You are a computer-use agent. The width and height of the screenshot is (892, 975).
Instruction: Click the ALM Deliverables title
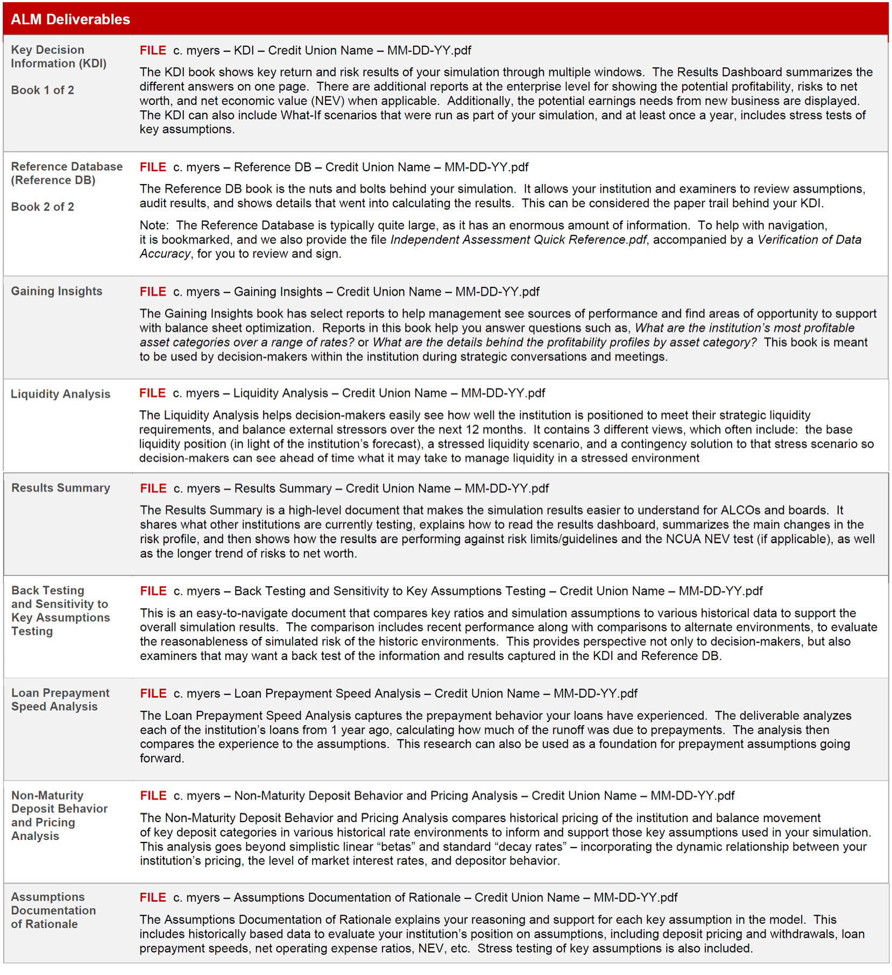click(x=70, y=19)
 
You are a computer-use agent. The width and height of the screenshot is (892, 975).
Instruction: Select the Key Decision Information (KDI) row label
click(x=59, y=57)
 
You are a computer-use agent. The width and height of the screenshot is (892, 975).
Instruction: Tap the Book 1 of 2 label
click(x=43, y=90)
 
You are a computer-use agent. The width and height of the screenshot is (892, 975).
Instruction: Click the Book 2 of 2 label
click(x=43, y=207)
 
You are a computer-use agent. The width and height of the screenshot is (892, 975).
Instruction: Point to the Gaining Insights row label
click(x=56, y=291)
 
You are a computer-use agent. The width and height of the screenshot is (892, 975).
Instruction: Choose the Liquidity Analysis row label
click(x=60, y=394)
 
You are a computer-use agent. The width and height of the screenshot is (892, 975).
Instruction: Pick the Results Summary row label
click(x=61, y=488)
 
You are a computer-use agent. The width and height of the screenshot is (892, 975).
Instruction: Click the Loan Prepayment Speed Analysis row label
click(x=60, y=700)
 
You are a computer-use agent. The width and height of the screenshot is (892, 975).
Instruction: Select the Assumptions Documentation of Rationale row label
click(x=53, y=910)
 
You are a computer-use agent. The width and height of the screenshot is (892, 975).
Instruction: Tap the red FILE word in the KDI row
click(x=153, y=51)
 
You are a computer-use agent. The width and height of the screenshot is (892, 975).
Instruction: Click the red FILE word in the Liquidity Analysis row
click(x=152, y=394)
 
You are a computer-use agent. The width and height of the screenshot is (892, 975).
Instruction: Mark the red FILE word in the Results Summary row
click(x=153, y=488)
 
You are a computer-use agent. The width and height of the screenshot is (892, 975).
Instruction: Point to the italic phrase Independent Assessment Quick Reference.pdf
click(x=518, y=240)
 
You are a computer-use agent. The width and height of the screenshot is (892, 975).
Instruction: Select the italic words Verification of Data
click(x=809, y=240)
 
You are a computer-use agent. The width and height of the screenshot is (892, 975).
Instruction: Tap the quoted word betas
click(x=396, y=847)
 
